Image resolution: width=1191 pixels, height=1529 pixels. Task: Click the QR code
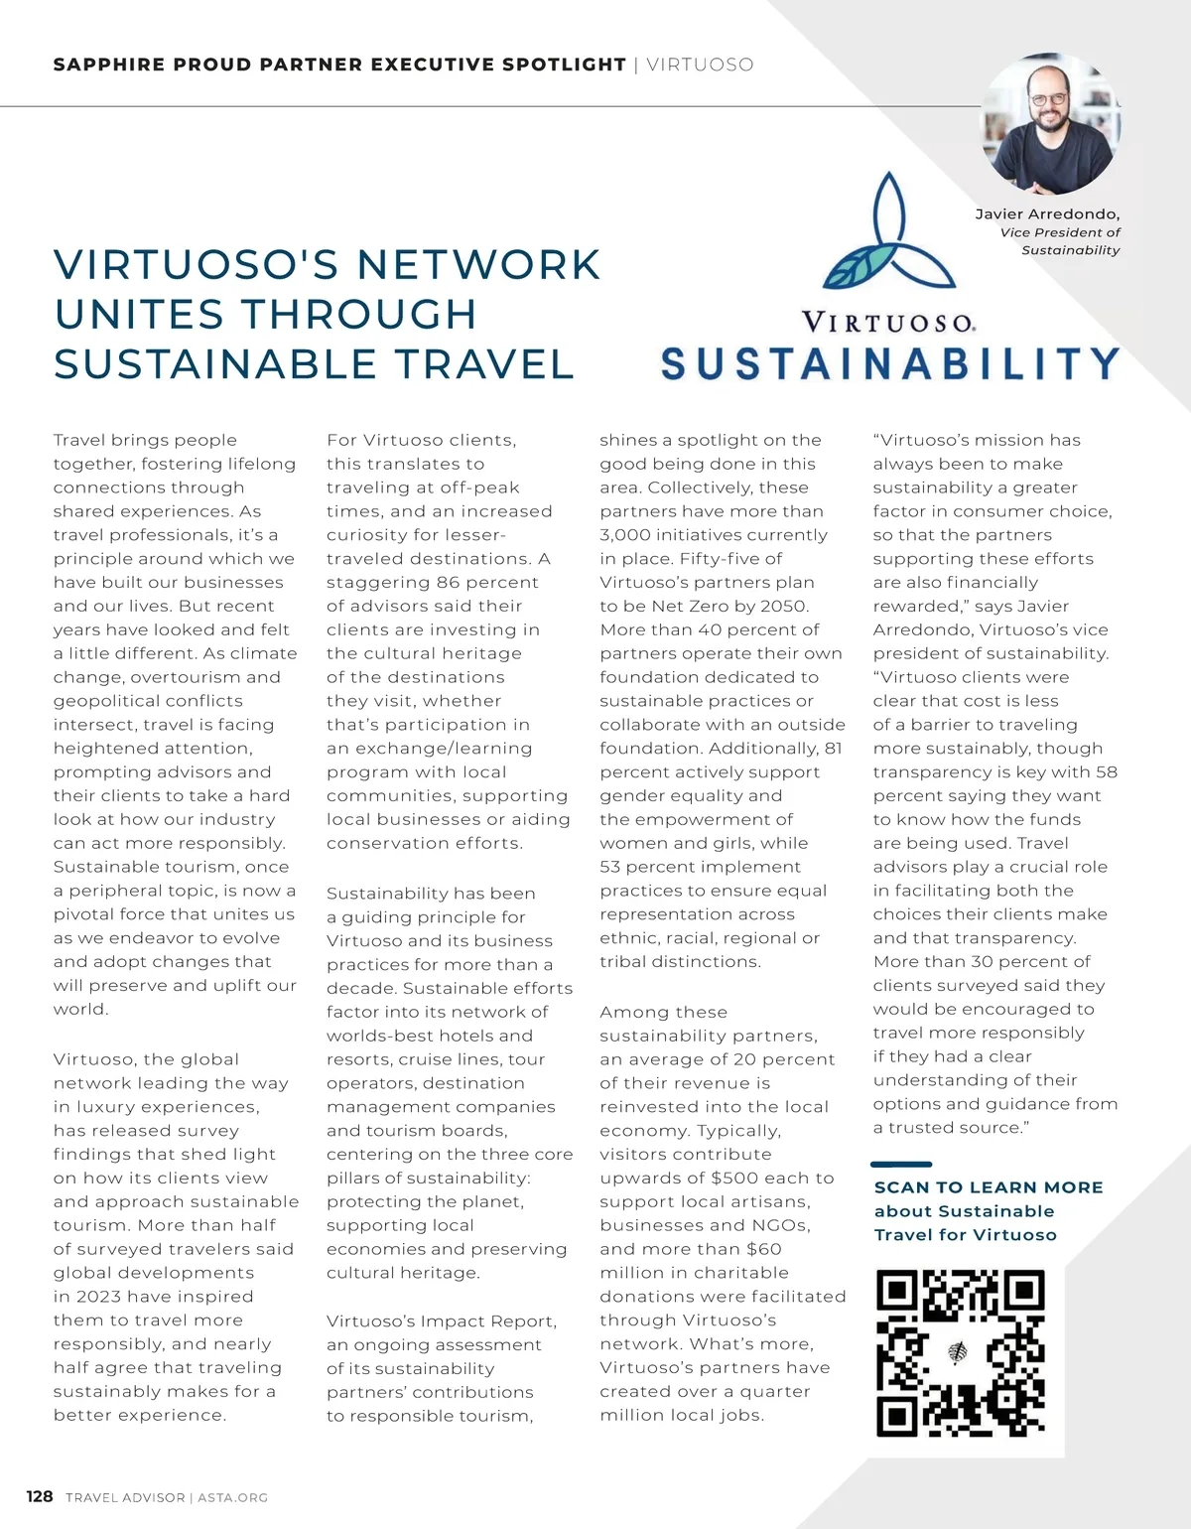pos(961,1352)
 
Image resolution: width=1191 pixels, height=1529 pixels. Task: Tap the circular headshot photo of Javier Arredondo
pos(1049,123)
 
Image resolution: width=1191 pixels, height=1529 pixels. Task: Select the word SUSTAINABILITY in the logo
pos(890,363)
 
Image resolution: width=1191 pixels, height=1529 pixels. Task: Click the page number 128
pos(40,1496)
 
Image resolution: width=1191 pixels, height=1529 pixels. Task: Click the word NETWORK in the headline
pos(478,265)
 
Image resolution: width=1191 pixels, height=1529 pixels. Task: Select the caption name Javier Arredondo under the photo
pos(1046,214)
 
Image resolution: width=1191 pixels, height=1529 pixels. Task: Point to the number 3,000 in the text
pos(625,535)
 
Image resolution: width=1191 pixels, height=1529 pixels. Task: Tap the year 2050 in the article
pos(784,606)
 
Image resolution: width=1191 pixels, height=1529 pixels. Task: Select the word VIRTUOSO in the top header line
pos(700,65)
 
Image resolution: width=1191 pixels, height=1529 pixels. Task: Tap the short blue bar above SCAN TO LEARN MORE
pos(901,1164)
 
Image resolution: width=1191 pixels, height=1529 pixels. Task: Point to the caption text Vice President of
pos(1060,232)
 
